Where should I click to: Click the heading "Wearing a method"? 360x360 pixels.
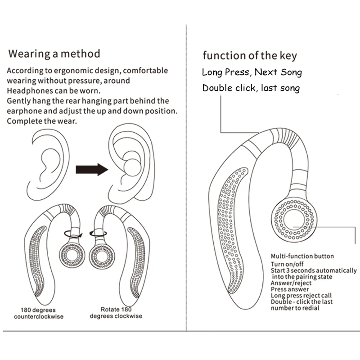pos(54,54)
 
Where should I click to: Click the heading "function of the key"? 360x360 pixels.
pos(249,56)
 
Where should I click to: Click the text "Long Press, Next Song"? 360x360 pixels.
pos(252,72)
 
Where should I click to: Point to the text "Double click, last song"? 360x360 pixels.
pos(251,88)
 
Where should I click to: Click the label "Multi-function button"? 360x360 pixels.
pos(302,256)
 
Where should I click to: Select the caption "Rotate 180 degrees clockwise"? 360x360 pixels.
pos(116,313)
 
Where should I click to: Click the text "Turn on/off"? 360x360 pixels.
pos(288,264)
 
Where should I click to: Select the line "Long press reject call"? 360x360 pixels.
pos(301,295)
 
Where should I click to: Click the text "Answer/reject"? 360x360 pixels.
pos(291,283)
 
